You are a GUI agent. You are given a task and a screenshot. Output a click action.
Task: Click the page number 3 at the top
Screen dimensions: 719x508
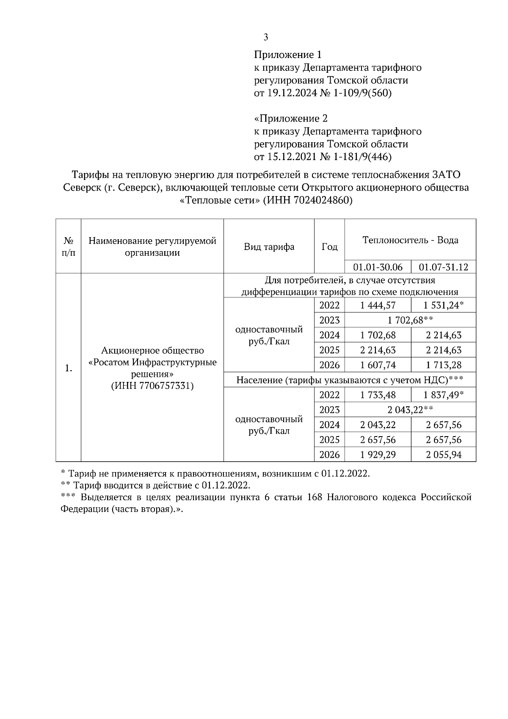tap(265, 37)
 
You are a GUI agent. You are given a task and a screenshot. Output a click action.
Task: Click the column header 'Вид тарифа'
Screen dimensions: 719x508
tap(269, 247)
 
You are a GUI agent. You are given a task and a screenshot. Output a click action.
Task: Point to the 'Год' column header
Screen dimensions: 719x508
tap(329, 247)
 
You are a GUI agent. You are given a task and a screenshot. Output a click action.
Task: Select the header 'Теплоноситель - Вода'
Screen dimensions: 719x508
tap(410, 240)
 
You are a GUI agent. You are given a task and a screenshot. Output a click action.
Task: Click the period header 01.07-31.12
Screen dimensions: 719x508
tap(443, 267)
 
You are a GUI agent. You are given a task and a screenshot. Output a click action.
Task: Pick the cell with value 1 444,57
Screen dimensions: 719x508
tap(378, 305)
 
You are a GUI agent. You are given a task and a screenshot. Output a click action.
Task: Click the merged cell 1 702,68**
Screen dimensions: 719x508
tap(410, 320)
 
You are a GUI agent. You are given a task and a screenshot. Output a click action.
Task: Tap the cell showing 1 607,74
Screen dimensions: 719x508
tap(378, 365)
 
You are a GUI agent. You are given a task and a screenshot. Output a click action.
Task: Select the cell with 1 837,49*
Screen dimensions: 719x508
tap(443, 395)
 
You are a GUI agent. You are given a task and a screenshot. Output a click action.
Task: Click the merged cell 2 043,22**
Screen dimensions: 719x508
tap(410, 410)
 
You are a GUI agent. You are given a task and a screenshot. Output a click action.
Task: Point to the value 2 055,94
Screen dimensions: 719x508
tap(443, 455)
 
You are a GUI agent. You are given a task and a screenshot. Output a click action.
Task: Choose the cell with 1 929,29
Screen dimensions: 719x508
tap(378, 455)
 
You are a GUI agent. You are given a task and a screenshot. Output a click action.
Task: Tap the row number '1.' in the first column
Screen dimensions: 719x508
tap(68, 368)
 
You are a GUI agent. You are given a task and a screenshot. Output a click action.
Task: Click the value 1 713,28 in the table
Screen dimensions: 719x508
tap(443, 365)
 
